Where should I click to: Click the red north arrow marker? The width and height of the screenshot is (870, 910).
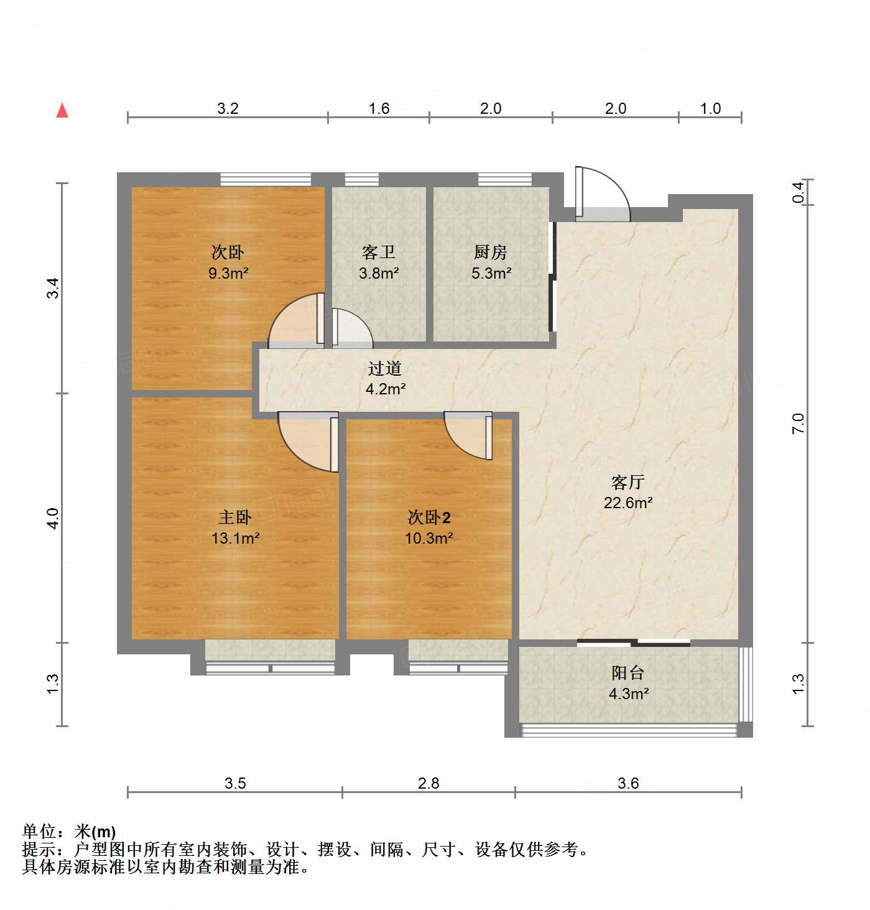(62, 111)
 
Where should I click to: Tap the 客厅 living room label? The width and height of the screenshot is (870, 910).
(627, 482)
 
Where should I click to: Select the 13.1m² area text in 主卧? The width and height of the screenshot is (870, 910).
(235, 538)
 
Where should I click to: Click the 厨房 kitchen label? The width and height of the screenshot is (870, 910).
(491, 252)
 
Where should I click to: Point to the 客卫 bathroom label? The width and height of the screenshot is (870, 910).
(379, 252)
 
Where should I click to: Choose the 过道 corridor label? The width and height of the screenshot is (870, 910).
(384, 368)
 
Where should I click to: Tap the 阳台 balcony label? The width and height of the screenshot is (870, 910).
(627, 672)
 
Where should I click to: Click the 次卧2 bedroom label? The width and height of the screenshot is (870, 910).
(428, 517)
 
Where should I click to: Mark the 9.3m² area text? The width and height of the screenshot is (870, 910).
(228, 272)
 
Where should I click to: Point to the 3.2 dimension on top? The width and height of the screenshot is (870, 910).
(228, 108)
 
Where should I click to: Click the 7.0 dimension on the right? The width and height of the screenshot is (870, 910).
(798, 423)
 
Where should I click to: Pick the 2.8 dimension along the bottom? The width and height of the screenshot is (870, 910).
(428, 783)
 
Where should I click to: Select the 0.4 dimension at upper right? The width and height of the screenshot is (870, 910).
(799, 191)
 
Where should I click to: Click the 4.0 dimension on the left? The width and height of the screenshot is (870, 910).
(53, 518)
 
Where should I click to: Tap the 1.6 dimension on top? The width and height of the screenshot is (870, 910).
(379, 108)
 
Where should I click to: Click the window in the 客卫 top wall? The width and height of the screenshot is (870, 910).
(362, 180)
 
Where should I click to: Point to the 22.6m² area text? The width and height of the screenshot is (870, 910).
(627, 503)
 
